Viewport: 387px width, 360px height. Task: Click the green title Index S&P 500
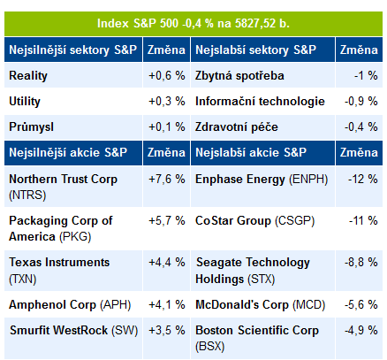193,24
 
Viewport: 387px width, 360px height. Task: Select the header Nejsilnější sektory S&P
72,50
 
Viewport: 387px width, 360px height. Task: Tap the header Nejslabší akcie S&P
251,152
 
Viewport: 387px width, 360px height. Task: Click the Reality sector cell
28,76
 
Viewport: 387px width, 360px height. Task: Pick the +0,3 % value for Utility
167,102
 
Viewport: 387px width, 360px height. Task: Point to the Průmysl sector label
31,127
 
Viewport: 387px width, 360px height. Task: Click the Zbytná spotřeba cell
239,76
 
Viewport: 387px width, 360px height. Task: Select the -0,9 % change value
361,102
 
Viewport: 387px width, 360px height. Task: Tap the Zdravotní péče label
237,127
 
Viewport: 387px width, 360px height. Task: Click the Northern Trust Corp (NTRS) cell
63,187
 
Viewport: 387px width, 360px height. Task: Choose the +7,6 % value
167,180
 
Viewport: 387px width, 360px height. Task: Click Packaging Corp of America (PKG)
60,228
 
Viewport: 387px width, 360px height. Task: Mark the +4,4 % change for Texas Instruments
167,263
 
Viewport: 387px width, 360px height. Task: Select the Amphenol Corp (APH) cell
70,305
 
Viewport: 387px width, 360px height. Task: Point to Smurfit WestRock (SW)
73,330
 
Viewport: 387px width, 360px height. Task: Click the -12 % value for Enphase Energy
363,180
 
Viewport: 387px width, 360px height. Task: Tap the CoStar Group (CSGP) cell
254,221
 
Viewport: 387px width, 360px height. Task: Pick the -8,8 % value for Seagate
361,263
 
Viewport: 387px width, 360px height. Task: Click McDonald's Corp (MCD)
260,305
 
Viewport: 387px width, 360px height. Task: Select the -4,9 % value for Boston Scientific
361,330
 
